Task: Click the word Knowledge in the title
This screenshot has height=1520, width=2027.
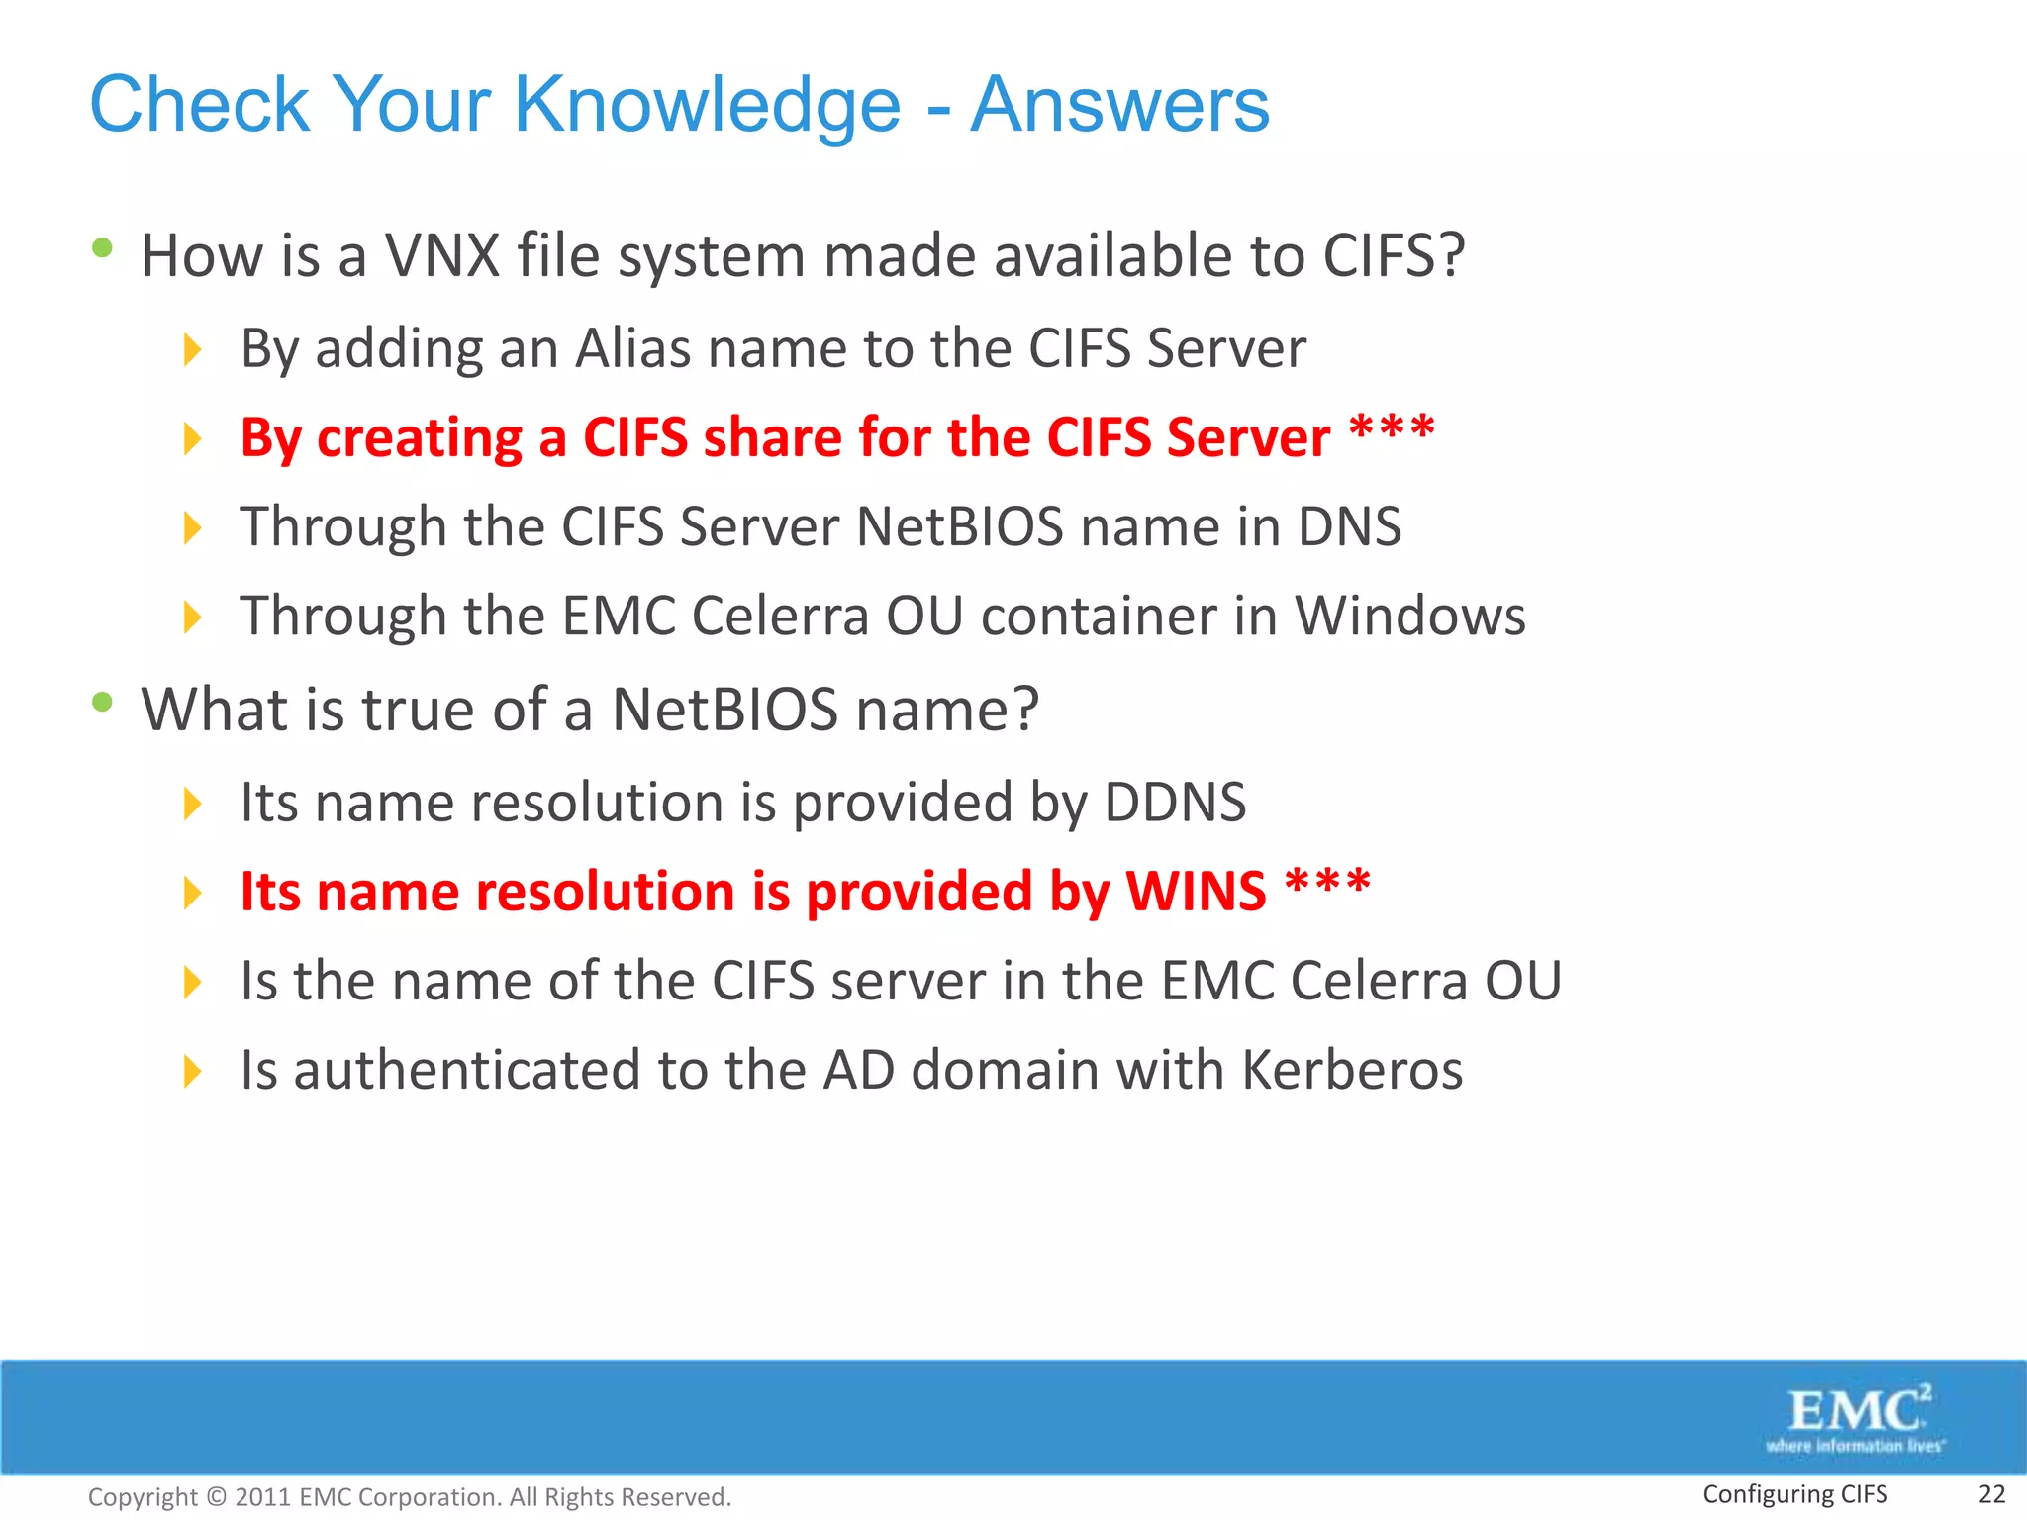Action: pyautogui.click(x=707, y=105)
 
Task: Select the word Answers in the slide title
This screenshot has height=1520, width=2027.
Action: pyautogui.click(x=1119, y=105)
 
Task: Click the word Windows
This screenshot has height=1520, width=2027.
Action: pyautogui.click(x=1410, y=616)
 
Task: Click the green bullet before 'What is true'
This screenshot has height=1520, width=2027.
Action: pyautogui.click(x=102, y=703)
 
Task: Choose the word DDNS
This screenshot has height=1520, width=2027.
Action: pyautogui.click(x=1175, y=802)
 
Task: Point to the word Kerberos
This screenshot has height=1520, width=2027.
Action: pyautogui.click(x=1352, y=1070)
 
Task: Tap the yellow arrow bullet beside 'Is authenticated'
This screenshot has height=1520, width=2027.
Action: pyautogui.click(x=193, y=1071)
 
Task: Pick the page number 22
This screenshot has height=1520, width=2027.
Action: pyautogui.click(x=1991, y=1494)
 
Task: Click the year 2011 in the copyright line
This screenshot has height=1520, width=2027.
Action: pyautogui.click(x=262, y=1497)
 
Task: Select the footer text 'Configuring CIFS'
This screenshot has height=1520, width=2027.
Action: pyautogui.click(x=1794, y=1494)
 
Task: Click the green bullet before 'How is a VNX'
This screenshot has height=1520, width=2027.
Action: pyautogui.click(x=102, y=248)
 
